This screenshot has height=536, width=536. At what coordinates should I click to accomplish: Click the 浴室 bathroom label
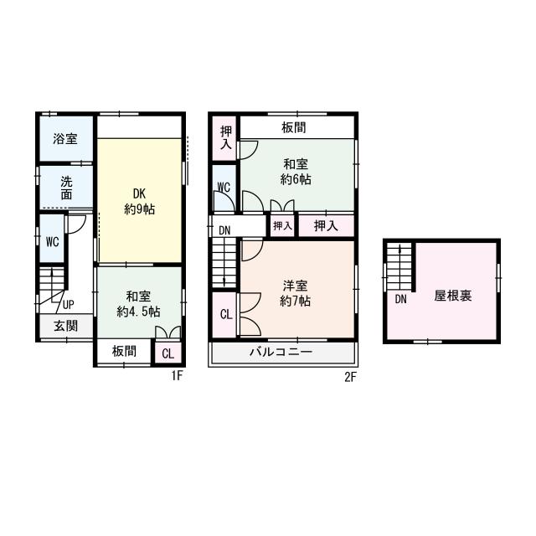click(65, 138)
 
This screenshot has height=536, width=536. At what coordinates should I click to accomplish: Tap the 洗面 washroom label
click(66, 188)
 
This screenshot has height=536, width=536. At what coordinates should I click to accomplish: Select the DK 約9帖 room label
click(140, 201)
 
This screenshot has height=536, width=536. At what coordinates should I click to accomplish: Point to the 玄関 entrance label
click(65, 326)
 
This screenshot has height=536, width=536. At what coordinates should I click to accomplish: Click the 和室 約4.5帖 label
click(138, 304)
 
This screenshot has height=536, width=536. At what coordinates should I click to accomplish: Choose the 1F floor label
click(178, 376)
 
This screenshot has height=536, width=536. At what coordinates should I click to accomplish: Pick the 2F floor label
click(350, 377)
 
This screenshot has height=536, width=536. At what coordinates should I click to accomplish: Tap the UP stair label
click(68, 305)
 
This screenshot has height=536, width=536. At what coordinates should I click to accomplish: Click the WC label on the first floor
click(52, 242)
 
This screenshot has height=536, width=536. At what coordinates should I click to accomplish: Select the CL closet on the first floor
click(167, 353)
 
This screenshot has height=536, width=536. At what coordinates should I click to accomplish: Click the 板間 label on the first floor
click(125, 351)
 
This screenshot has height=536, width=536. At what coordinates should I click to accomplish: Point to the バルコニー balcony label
click(281, 352)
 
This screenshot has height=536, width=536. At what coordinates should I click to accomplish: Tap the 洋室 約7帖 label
click(295, 293)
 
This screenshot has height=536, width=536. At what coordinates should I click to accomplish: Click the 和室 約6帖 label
click(296, 172)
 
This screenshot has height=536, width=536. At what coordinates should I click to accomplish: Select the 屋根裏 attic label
click(453, 296)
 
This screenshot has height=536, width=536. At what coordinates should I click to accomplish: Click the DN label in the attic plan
click(400, 300)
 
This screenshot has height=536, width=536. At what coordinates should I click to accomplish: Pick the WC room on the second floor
click(224, 188)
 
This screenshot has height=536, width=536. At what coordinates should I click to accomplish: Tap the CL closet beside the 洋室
click(224, 315)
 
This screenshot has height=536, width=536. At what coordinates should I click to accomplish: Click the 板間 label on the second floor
click(294, 127)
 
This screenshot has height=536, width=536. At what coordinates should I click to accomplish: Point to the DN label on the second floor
click(224, 231)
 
